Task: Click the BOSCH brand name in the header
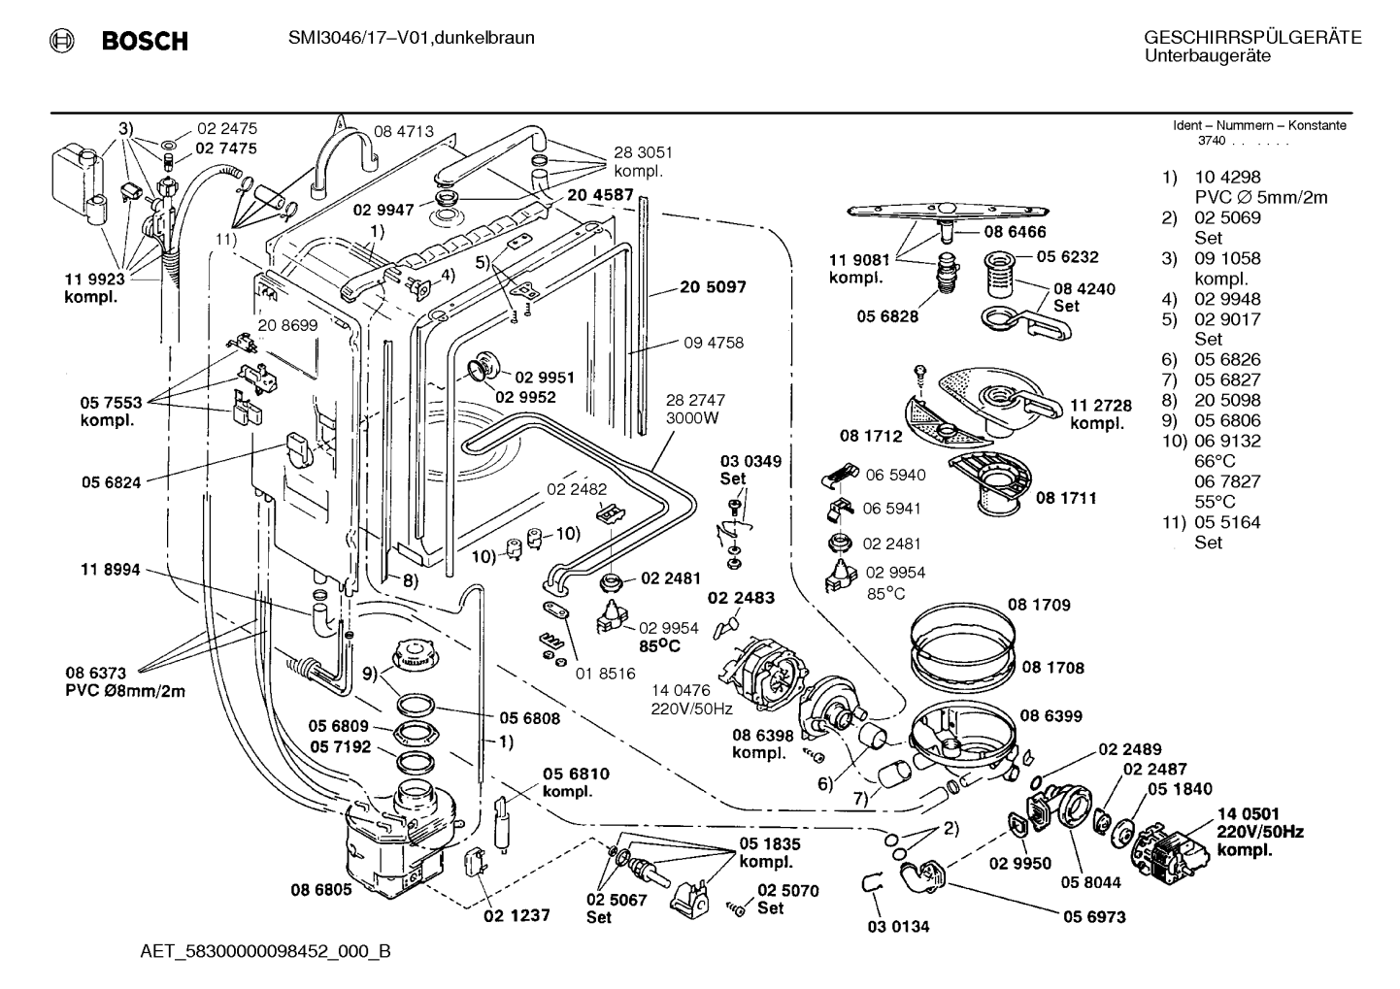(x=145, y=41)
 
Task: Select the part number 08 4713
(x=403, y=131)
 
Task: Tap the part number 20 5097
(x=713, y=286)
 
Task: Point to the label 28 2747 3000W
(x=695, y=409)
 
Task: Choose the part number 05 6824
(x=112, y=481)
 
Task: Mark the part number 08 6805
(x=321, y=889)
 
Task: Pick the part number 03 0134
(x=898, y=926)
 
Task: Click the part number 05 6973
(x=1094, y=916)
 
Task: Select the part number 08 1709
(x=1039, y=604)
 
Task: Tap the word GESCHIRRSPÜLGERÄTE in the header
(x=1252, y=38)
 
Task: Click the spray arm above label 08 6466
(x=948, y=212)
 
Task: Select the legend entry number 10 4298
(x=1227, y=177)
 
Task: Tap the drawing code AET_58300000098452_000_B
(x=266, y=951)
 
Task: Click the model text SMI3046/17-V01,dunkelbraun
(x=412, y=38)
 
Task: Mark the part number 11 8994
(x=110, y=569)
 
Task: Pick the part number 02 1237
(x=517, y=915)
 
